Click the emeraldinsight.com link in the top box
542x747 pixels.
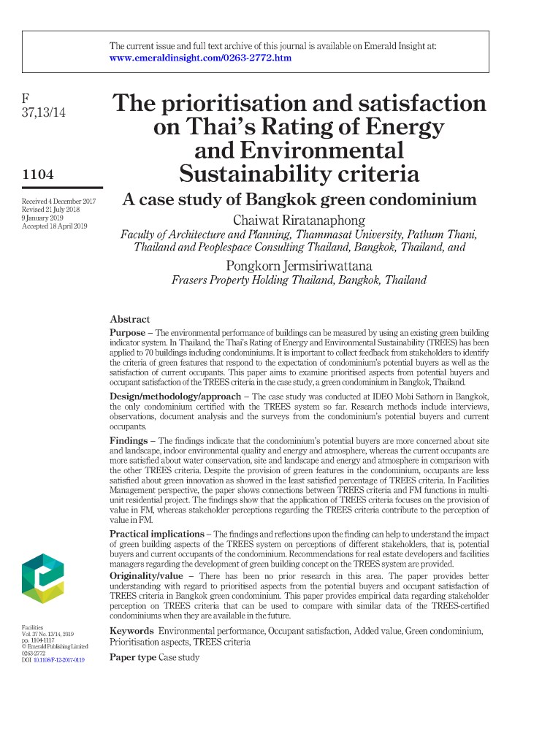point(200,58)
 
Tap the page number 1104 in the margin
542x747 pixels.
point(39,175)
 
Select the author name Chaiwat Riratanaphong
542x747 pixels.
point(299,221)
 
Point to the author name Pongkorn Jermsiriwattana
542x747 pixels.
point(299,265)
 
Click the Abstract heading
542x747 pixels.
point(129,319)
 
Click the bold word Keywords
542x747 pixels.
point(131,630)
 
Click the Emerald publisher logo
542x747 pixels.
point(42,578)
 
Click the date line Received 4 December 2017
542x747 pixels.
point(58,200)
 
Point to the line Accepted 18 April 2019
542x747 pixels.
point(54,226)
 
